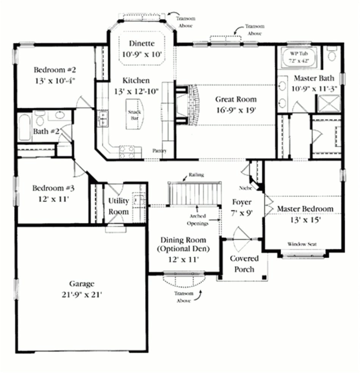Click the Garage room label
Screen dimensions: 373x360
coord(82,284)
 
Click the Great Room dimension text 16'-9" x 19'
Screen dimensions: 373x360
coord(236,111)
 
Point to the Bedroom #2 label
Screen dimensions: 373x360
coord(55,70)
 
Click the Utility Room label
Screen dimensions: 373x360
coord(119,206)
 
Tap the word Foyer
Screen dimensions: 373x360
coord(241,202)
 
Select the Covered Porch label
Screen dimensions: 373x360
coord(244,264)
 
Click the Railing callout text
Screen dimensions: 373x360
coord(196,175)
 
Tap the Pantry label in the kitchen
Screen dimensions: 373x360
coord(160,150)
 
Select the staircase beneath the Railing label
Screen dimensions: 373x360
coord(194,194)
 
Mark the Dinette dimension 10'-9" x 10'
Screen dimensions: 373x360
coord(142,54)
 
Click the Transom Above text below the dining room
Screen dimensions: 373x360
coord(184,297)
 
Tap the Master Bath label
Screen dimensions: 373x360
coord(314,78)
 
